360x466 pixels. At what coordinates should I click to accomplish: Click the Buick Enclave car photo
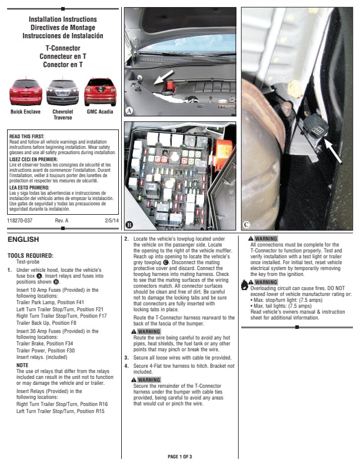click(x=25, y=93)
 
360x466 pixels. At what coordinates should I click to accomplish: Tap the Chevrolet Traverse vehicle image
click(x=62, y=93)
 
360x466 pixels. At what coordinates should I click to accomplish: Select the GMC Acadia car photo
click(x=99, y=92)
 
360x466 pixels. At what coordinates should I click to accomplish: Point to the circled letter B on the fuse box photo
click(x=129, y=225)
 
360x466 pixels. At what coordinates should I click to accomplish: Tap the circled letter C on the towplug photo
click(x=246, y=224)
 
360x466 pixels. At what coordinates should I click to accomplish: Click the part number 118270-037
click(x=20, y=220)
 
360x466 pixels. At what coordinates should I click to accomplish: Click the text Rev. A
click(x=62, y=220)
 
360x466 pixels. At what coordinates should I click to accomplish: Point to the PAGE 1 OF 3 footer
click(x=180, y=457)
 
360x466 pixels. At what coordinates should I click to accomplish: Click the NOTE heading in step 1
click(x=22, y=365)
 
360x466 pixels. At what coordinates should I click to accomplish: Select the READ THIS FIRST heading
click(x=29, y=137)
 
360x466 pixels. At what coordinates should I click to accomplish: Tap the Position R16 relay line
click(x=62, y=404)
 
